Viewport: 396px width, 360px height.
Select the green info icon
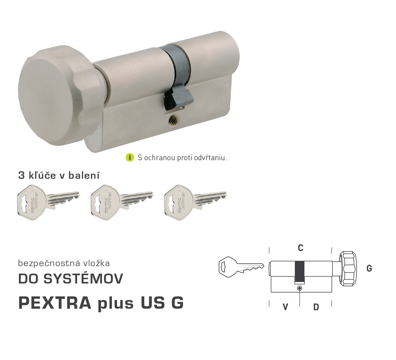130,157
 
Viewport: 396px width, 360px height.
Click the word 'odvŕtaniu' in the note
210,158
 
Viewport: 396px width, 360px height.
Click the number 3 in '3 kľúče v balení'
21,175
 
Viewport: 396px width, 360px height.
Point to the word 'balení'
84,175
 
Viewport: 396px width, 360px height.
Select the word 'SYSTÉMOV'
83,279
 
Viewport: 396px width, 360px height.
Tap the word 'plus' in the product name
116,304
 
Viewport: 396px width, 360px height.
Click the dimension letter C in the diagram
301,248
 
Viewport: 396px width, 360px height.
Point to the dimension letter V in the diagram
285,307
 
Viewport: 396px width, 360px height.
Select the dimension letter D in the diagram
316,307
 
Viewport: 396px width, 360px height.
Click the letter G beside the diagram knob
369,268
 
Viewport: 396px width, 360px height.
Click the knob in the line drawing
348,268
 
